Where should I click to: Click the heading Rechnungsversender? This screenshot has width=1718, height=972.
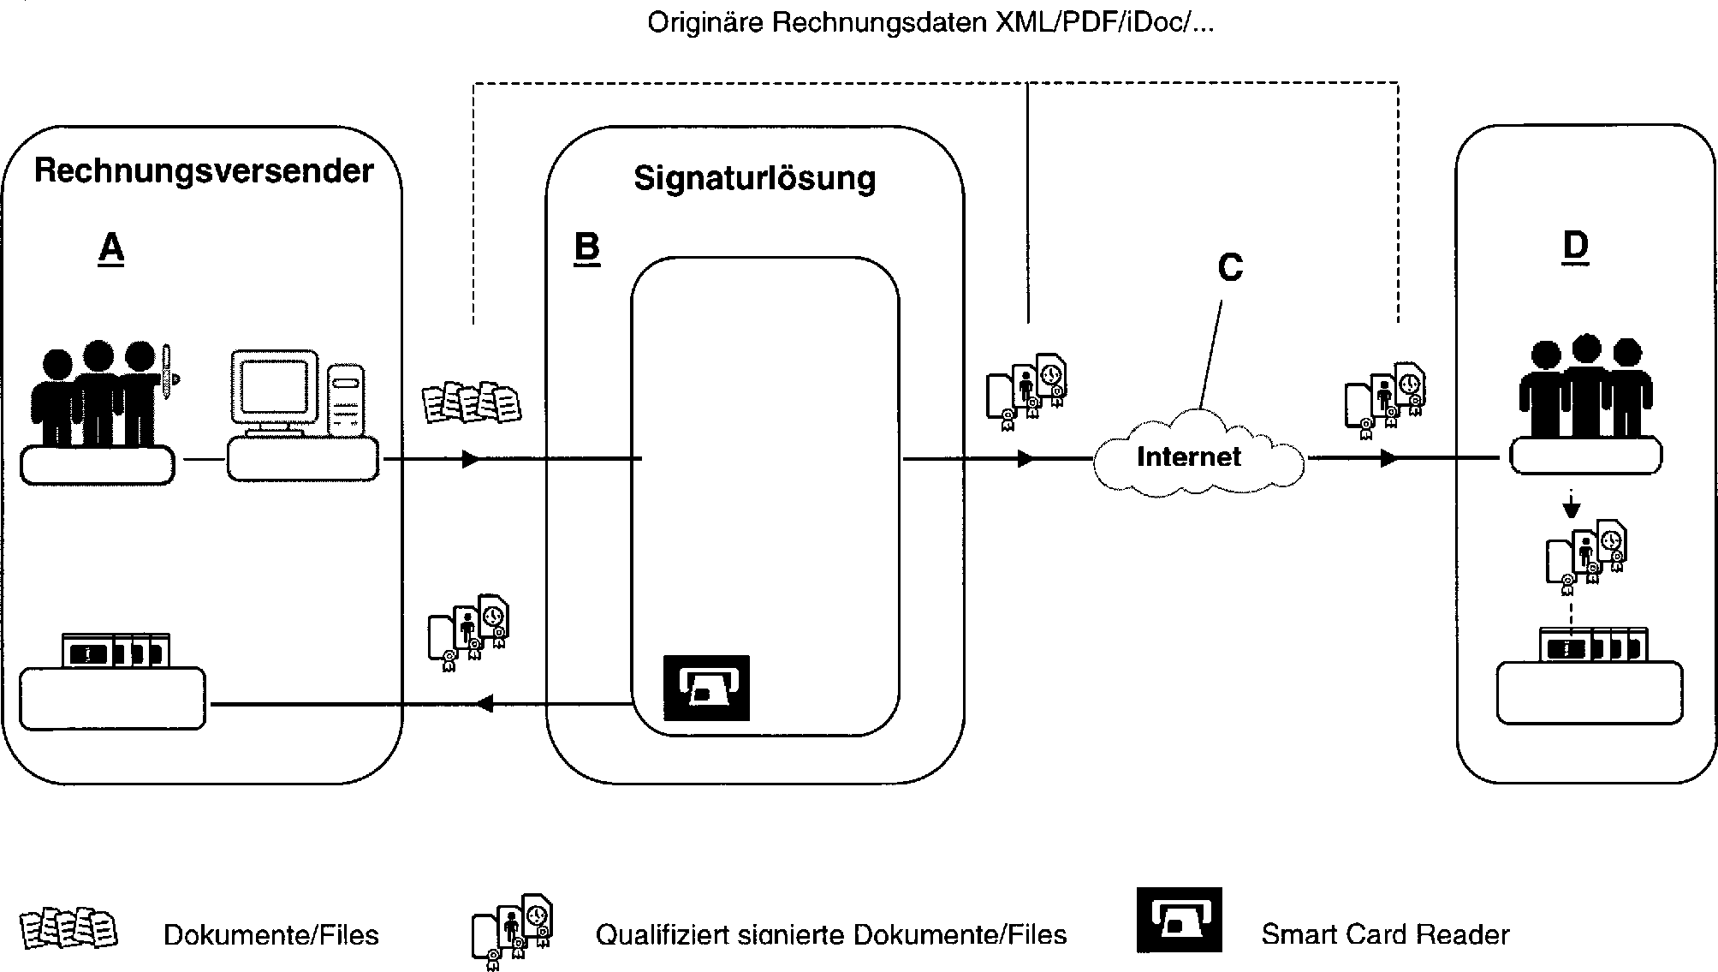204,171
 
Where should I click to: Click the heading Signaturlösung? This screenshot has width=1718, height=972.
754,178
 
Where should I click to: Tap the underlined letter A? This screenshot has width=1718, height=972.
111,248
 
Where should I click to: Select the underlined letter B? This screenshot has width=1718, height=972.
586,247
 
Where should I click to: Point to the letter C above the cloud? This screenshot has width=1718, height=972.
1230,268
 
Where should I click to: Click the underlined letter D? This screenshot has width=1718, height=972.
1575,246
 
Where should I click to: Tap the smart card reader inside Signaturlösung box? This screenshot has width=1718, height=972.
706,687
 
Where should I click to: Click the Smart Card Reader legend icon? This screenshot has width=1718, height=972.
1179,920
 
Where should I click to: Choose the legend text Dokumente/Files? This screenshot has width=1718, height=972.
270,934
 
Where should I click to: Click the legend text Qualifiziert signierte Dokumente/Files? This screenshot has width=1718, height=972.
830,934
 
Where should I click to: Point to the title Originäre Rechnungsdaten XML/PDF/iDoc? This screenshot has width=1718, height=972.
930,22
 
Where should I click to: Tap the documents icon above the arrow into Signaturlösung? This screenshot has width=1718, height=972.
472,401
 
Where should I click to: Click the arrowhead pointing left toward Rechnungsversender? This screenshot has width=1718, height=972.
484,704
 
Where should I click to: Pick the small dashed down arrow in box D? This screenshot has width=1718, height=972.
1570,507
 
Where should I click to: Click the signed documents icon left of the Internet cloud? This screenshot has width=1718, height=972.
1026,385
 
